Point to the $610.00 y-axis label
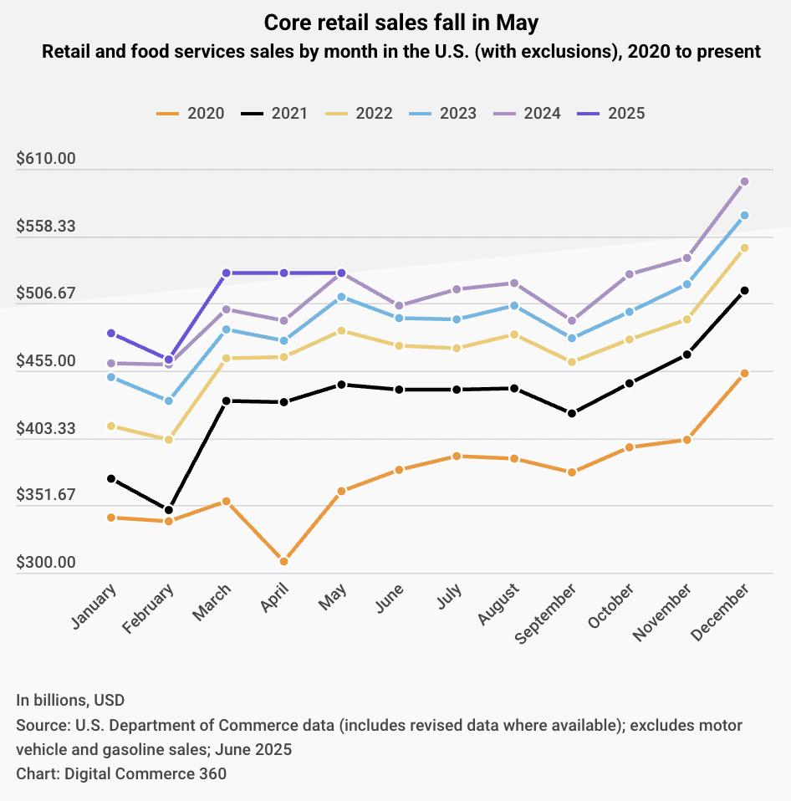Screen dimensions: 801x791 pyautogui.click(x=46, y=159)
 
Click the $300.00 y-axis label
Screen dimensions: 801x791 pyautogui.click(x=46, y=563)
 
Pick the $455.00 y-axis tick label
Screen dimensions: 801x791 pyautogui.click(x=46, y=361)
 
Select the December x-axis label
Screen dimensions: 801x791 pyautogui.click(x=720, y=610)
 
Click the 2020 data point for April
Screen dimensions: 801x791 pyautogui.click(x=284, y=561)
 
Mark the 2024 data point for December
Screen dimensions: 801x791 pyautogui.click(x=744, y=181)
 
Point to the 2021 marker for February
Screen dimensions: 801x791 pyautogui.click(x=169, y=510)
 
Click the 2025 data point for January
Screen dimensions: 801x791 pyautogui.click(x=110, y=334)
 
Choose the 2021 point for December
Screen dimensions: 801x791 pyautogui.click(x=744, y=291)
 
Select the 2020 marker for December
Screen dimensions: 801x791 pyautogui.click(x=744, y=373)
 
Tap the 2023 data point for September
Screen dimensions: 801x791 pyautogui.click(x=572, y=339)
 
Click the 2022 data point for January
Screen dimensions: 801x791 pyautogui.click(x=110, y=426)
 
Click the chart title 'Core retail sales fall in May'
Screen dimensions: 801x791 pyautogui.click(x=395, y=23)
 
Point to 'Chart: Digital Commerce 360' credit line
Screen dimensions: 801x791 pyautogui.click(x=121, y=773)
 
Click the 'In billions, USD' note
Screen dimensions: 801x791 pyautogui.click(x=70, y=700)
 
